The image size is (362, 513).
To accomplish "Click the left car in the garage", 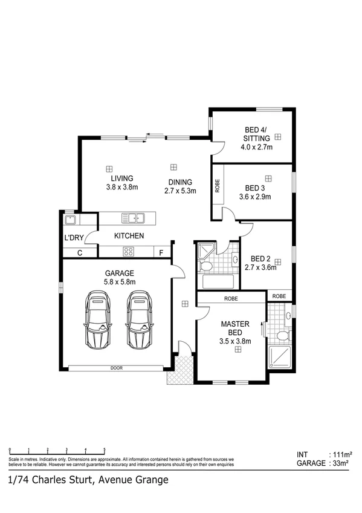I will click(x=99, y=320).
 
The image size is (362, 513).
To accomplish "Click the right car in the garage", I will click(x=140, y=320).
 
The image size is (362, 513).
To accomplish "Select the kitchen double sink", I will click(x=132, y=217).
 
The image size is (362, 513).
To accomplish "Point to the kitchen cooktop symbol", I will click(x=129, y=252).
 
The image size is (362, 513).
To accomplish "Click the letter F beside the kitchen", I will click(x=161, y=252).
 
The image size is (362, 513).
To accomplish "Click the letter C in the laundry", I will click(x=79, y=252).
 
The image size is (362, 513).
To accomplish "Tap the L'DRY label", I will click(x=73, y=238).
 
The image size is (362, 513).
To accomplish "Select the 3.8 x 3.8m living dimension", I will click(x=121, y=188).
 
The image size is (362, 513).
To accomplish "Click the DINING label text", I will click(x=180, y=182).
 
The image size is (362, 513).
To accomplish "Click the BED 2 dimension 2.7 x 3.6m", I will click(x=260, y=267).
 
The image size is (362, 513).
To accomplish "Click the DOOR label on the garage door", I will click(x=117, y=368).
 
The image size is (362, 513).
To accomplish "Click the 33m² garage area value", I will click(x=341, y=463).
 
